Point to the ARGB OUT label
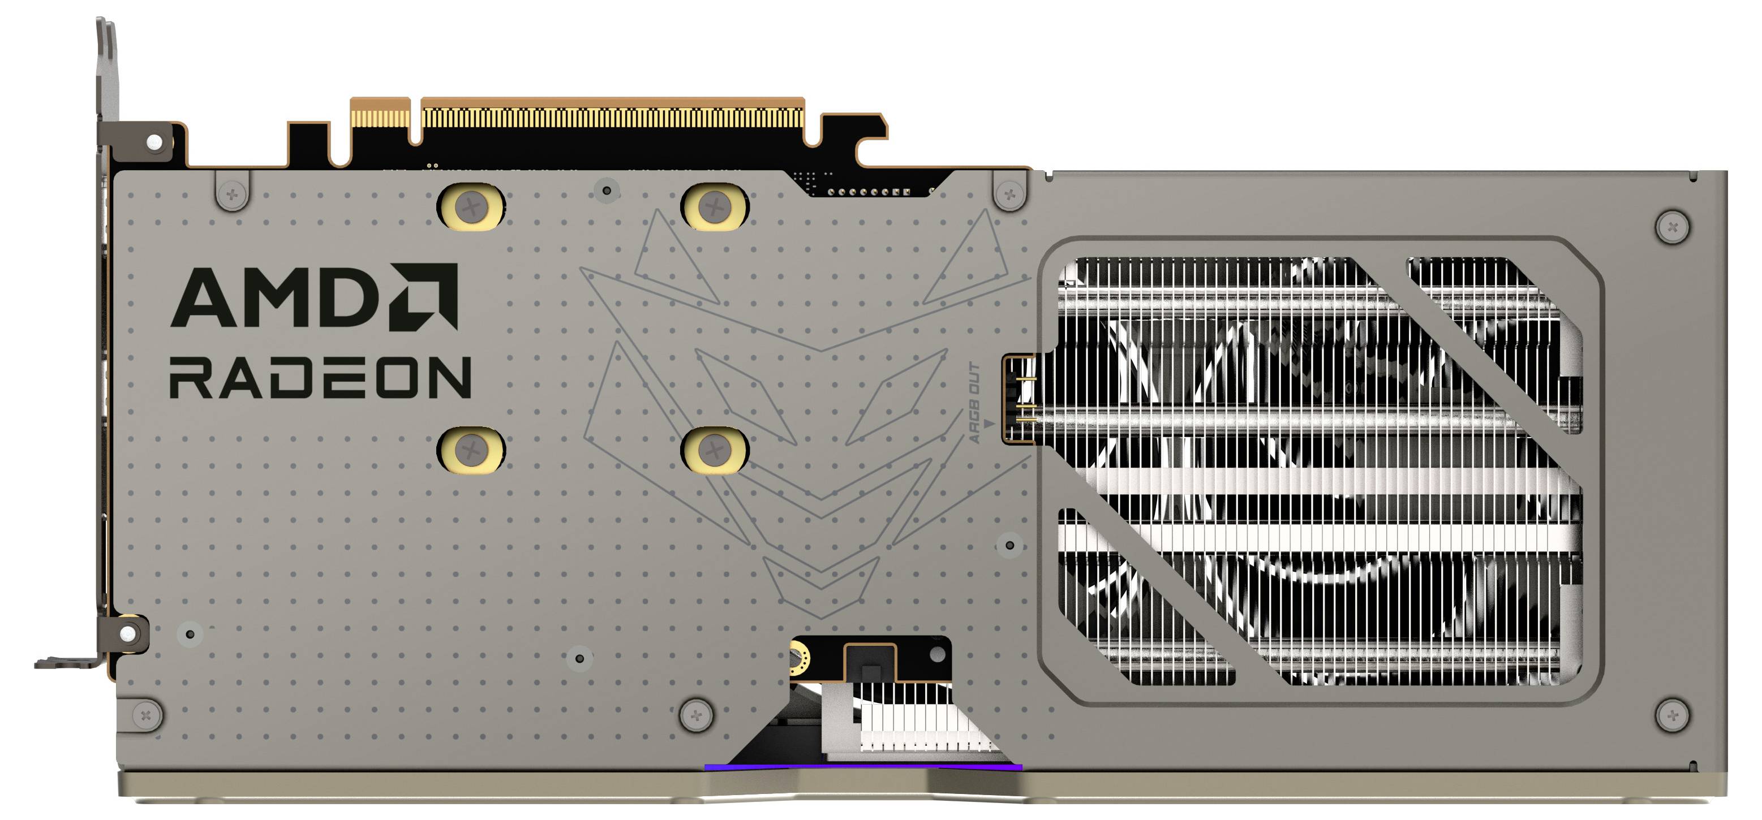point(975,404)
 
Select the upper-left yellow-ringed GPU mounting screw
point(471,206)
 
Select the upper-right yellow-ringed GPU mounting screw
point(714,206)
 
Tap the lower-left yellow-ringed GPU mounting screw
point(471,450)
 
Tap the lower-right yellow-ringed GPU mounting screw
point(714,450)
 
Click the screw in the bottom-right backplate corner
point(1673,715)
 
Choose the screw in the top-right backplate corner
point(1673,226)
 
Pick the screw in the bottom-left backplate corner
point(145,715)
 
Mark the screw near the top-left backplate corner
point(232,194)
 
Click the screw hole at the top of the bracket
point(155,141)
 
